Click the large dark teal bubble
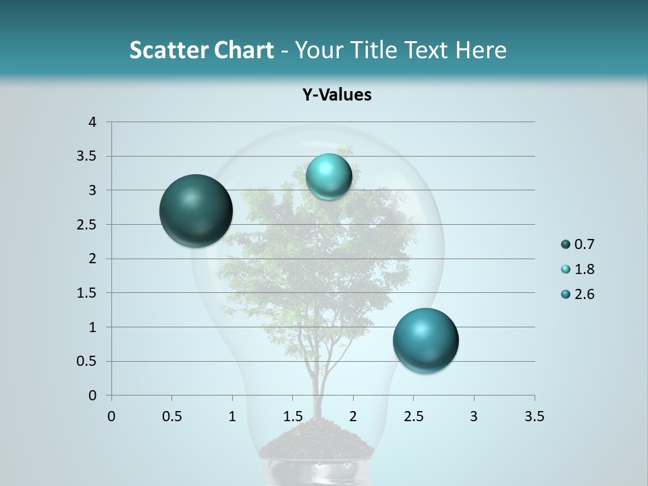[x=196, y=211]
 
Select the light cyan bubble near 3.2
[x=329, y=176]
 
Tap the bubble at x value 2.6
[x=425, y=340]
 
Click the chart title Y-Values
[x=337, y=95]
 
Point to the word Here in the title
[x=481, y=50]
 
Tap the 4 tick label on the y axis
[x=92, y=122]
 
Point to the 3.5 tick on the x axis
[x=534, y=416]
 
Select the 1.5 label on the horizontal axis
[x=292, y=416]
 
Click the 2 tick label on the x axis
[x=353, y=416]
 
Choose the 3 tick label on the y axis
[x=92, y=190]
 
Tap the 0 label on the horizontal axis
[x=111, y=416]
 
